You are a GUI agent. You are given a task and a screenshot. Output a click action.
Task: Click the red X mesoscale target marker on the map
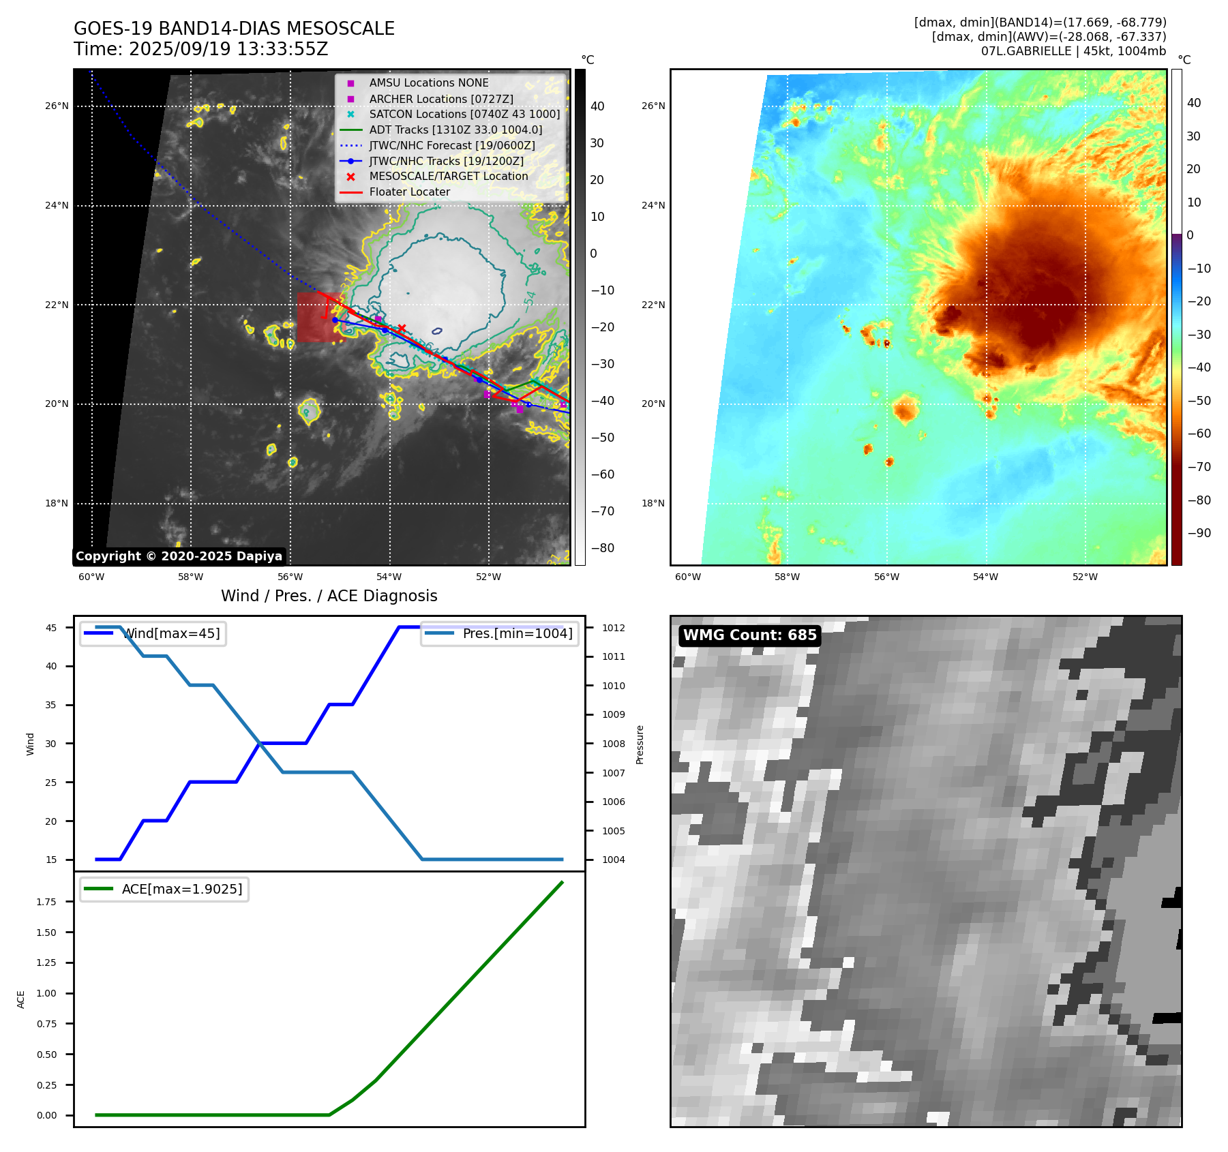click(x=402, y=328)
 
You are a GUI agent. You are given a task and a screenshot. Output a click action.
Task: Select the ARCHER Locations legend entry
click(x=440, y=99)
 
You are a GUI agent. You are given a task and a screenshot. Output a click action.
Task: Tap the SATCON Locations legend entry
click(x=464, y=114)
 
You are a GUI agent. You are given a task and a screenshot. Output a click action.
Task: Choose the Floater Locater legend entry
click(x=409, y=192)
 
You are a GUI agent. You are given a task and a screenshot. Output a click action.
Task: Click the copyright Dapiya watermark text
click(x=179, y=556)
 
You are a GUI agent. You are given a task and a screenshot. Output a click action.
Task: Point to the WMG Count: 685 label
click(x=749, y=635)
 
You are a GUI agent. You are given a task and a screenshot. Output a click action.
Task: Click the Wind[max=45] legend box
click(x=153, y=633)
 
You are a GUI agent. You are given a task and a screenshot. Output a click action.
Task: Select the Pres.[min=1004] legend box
click(x=499, y=633)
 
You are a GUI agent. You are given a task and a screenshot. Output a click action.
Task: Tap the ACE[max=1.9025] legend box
click(x=164, y=889)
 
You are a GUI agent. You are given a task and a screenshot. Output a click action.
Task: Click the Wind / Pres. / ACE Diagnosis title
click(x=329, y=596)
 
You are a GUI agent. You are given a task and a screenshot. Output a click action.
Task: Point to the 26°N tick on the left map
click(x=57, y=106)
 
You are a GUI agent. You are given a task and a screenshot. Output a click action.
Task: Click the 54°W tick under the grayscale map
click(x=389, y=577)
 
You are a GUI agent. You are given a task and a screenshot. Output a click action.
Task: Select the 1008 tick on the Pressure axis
click(x=613, y=744)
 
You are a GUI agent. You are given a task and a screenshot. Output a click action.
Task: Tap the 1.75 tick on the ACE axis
click(x=46, y=902)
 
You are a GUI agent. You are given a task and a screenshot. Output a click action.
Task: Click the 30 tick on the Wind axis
click(x=51, y=744)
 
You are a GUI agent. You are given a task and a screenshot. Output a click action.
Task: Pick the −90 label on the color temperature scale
click(x=1199, y=533)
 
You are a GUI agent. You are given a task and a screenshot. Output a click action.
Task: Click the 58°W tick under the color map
click(x=787, y=577)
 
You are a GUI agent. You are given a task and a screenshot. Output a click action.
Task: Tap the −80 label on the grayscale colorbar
click(x=602, y=548)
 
